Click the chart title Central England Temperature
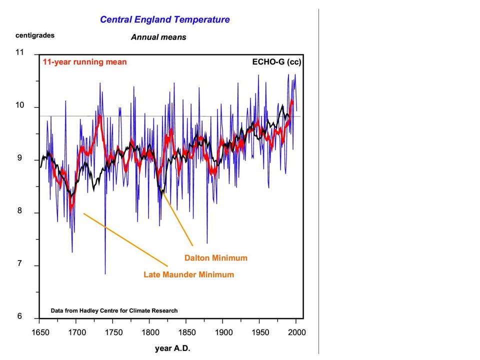(x=164, y=19)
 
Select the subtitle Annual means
(x=158, y=37)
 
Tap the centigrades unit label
(x=35, y=35)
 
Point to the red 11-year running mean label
(x=84, y=62)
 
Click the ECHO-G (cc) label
(x=276, y=62)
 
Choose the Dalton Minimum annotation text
(x=216, y=258)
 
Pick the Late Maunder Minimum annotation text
(x=189, y=274)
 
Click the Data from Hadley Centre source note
(x=114, y=310)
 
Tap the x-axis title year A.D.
(x=172, y=348)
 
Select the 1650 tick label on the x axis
(x=40, y=332)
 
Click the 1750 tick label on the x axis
(x=113, y=332)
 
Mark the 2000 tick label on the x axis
(x=297, y=332)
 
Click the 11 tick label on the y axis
(x=19, y=52)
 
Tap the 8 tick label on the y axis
(x=19, y=210)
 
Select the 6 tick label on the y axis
(x=19, y=316)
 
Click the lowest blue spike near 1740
(x=105, y=273)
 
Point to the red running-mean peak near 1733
(x=99, y=115)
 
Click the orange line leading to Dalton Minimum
(x=177, y=218)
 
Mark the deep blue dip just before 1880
(x=207, y=243)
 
